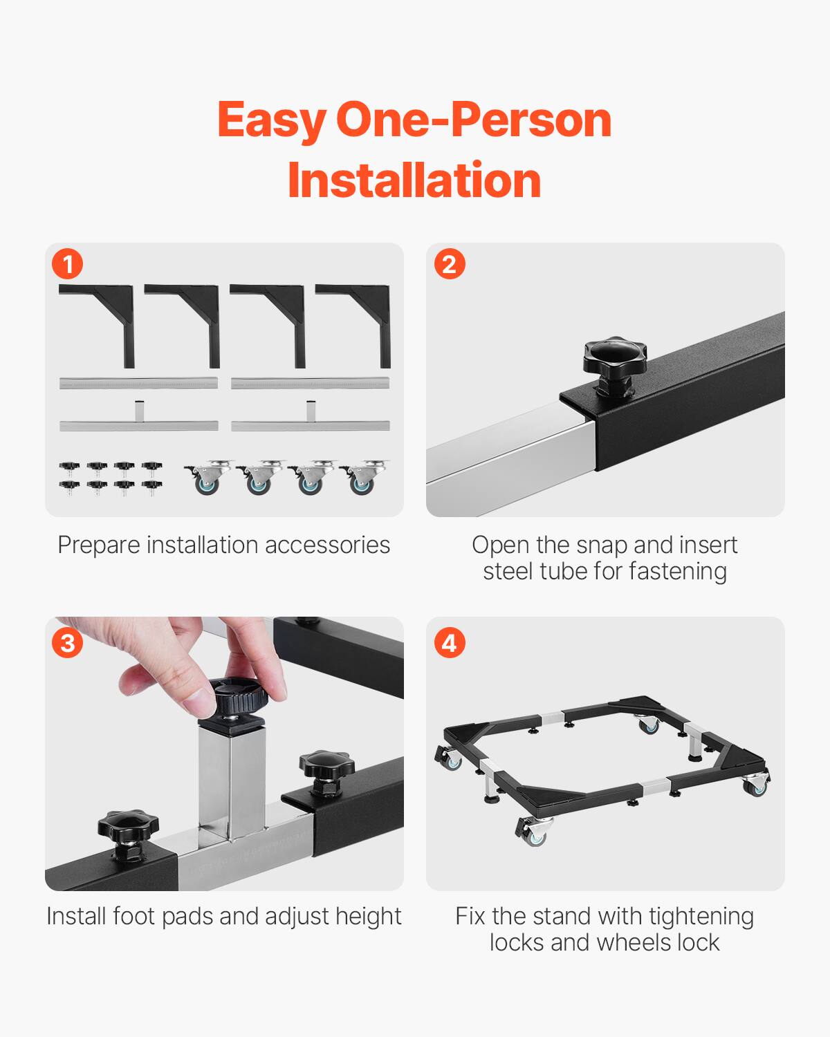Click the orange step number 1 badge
pyautogui.click(x=68, y=264)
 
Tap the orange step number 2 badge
pyautogui.click(x=449, y=264)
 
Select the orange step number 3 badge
pyautogui.click(x=68, y=643)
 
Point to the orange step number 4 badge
pyautogui.click(x=449, y=643)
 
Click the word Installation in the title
pyautogui.click(x=414, y=180)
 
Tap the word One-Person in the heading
pyautogui.click(x=474, y=120)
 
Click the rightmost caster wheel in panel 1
pyautogui.click(x=360, y=478)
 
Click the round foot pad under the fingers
pyautogui.click(x=238, y=699)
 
